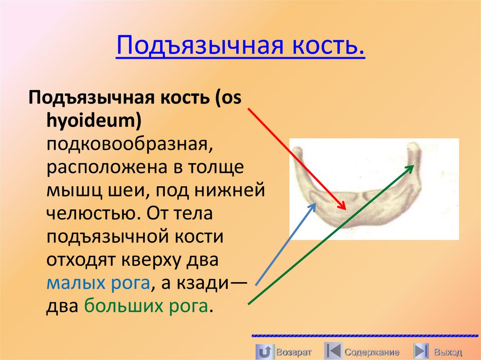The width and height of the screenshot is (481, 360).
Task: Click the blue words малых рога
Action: coord(98,283)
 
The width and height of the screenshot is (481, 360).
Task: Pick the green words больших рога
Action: coord(146,307)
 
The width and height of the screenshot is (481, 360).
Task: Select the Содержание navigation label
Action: coord(372,352)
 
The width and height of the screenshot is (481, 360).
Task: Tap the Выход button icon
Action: coord(421,352)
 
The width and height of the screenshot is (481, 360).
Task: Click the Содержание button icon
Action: coord(333,352)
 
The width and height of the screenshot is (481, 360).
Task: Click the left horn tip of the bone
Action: coord(298,151)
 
